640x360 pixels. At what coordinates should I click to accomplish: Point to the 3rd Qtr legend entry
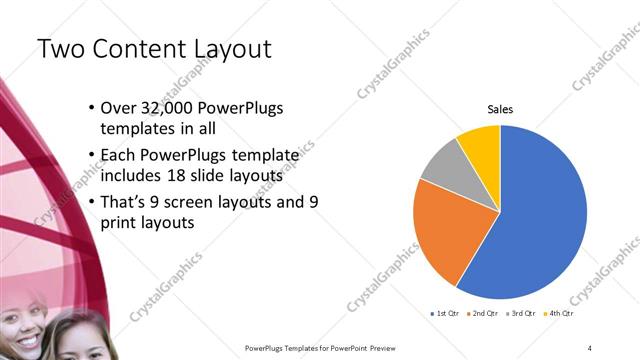click(520, 314)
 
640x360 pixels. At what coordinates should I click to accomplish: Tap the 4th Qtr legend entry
click(558, 314)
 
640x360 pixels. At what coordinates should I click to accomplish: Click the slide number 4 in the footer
click(590, 347)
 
